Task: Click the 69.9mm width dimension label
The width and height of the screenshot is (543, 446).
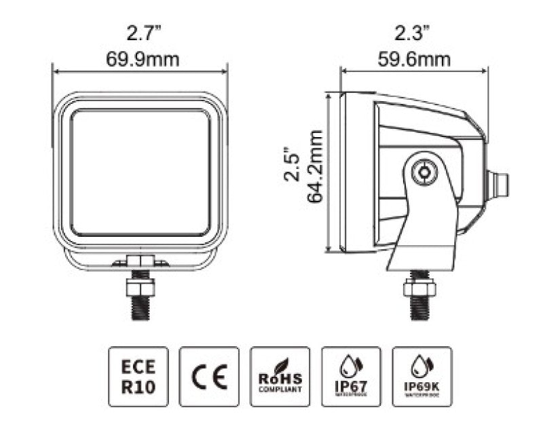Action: (x=142, y=60)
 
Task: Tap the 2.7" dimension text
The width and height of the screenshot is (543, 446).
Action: (x=142, y=32)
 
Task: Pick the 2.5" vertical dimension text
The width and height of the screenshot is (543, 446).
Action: (x=292, y=163)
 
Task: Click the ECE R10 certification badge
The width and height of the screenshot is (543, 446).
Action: (x=138, y=376)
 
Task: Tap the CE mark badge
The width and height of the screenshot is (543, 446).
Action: (x=209, y=376)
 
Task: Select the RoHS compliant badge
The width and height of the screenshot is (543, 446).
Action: (x=280, y=376)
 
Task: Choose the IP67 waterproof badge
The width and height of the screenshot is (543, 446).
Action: (x=351, y=376)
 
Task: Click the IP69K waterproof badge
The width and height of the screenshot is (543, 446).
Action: (x=422, y=376)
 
